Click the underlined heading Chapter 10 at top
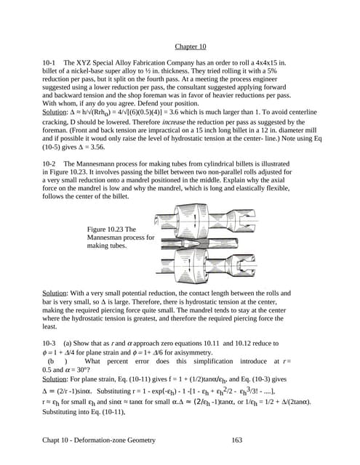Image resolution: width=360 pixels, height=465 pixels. click(190, 49)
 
